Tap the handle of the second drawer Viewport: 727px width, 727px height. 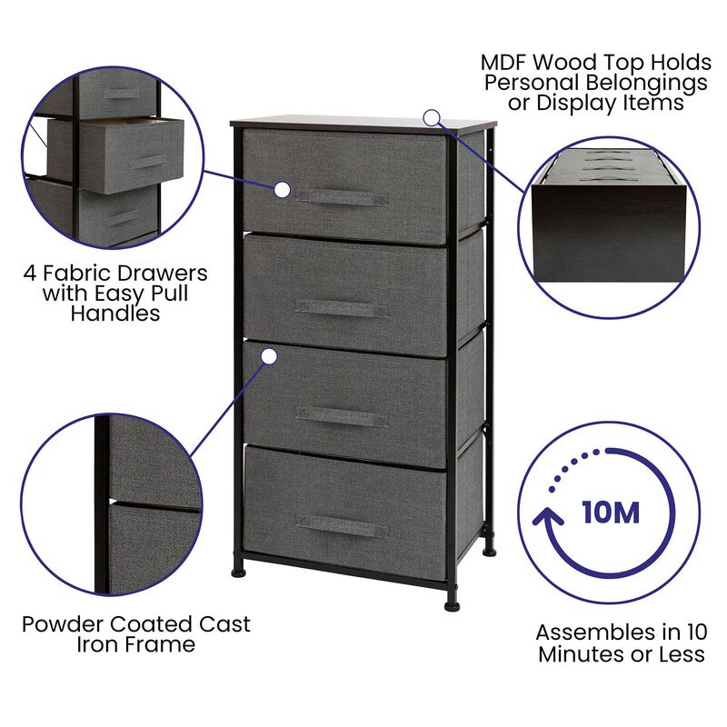point(341,308)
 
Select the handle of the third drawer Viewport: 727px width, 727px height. point(341,416)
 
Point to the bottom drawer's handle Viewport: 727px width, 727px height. point(341,526)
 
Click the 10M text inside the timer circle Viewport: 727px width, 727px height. point(610,512)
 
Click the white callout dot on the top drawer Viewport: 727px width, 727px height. point(282,189)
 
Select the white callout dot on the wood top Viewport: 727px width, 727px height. point(432,117)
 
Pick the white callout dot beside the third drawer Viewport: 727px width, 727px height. point(269,357)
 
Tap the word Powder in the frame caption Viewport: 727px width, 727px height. point(64,625)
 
